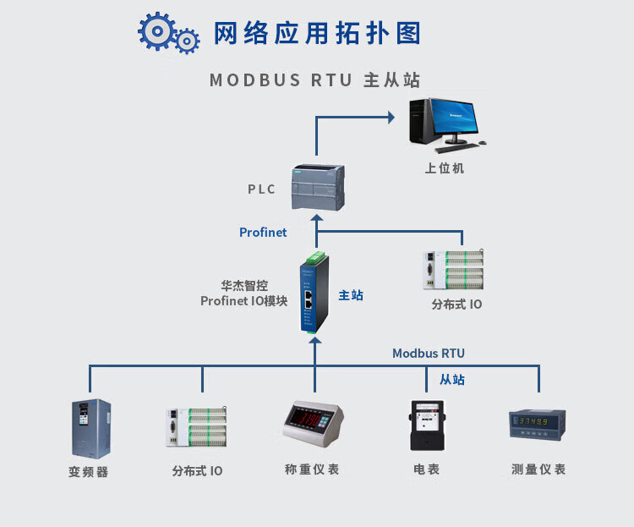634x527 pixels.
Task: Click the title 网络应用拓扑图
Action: tap(316, 34)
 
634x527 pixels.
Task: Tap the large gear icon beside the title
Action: tap(157, 31)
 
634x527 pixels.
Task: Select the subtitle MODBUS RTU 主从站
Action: tap(314, 80)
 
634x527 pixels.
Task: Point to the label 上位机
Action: tap(444, 168)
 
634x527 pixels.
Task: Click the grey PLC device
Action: tap(317, 186)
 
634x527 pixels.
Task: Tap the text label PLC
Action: tap(261, 189)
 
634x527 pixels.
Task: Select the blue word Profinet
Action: tap(263, 232)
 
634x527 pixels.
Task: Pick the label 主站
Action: tap(351, 295)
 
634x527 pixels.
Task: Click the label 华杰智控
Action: tap(244, 286)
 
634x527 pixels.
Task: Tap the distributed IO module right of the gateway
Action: tap(455, 270)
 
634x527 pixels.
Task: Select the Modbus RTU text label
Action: tap(428, 354)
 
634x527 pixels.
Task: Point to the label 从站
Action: tap(451, 379)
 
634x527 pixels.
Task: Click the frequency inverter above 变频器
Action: tap(90, 428)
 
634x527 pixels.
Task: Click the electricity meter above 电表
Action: tap(425, 425)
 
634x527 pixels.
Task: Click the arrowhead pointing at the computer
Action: tap(393, 118)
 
